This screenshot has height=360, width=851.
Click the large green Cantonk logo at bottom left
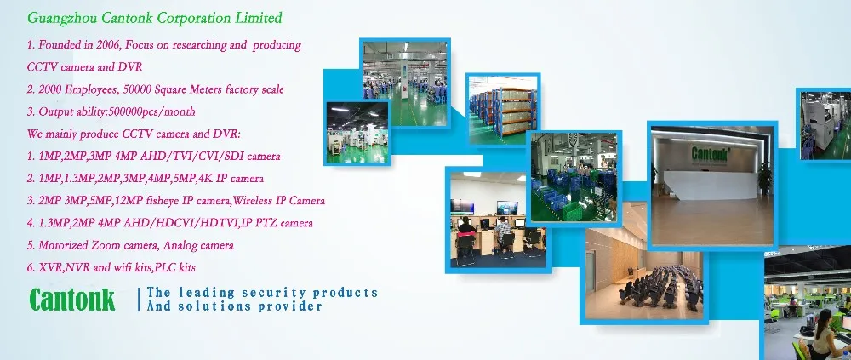click(72, 300)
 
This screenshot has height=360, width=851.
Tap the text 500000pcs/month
click(152, 111)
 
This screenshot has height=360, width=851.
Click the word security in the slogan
click(271, 294)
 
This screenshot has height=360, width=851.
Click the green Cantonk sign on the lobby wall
click(710, 154)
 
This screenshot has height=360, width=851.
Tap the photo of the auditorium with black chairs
click(644, 273)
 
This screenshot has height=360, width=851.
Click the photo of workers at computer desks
click(498, 220)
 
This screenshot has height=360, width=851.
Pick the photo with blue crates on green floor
click(574, 177)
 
